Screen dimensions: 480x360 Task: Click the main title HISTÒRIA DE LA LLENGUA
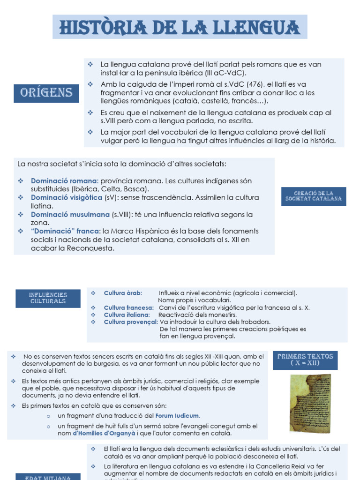pyautogui.click(x=180, y=27)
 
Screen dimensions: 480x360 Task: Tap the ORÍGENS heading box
pyautogui.click(x=46, y=92)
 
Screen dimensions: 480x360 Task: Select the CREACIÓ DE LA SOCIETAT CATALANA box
pyautogui.click(x=314, y=196)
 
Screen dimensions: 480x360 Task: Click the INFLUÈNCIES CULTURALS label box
pyautogui.click(x=48, y=298)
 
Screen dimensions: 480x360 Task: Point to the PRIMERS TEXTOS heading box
pyautogui.click(x=305, y=360)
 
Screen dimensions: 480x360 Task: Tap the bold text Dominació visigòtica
pyautogui.click(x=66, y=198)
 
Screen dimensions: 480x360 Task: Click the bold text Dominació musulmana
pyautogui.click(x=70, y=215)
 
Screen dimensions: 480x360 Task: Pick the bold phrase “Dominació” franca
pyautogui.click(x=66, y=232)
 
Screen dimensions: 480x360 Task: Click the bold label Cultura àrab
pyautogui.click(x=123, y=293)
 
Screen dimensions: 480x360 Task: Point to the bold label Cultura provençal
pyautogui.click(x=131, y=322)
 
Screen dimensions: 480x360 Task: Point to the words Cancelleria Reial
pyautogui.click(x=283, y=466)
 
